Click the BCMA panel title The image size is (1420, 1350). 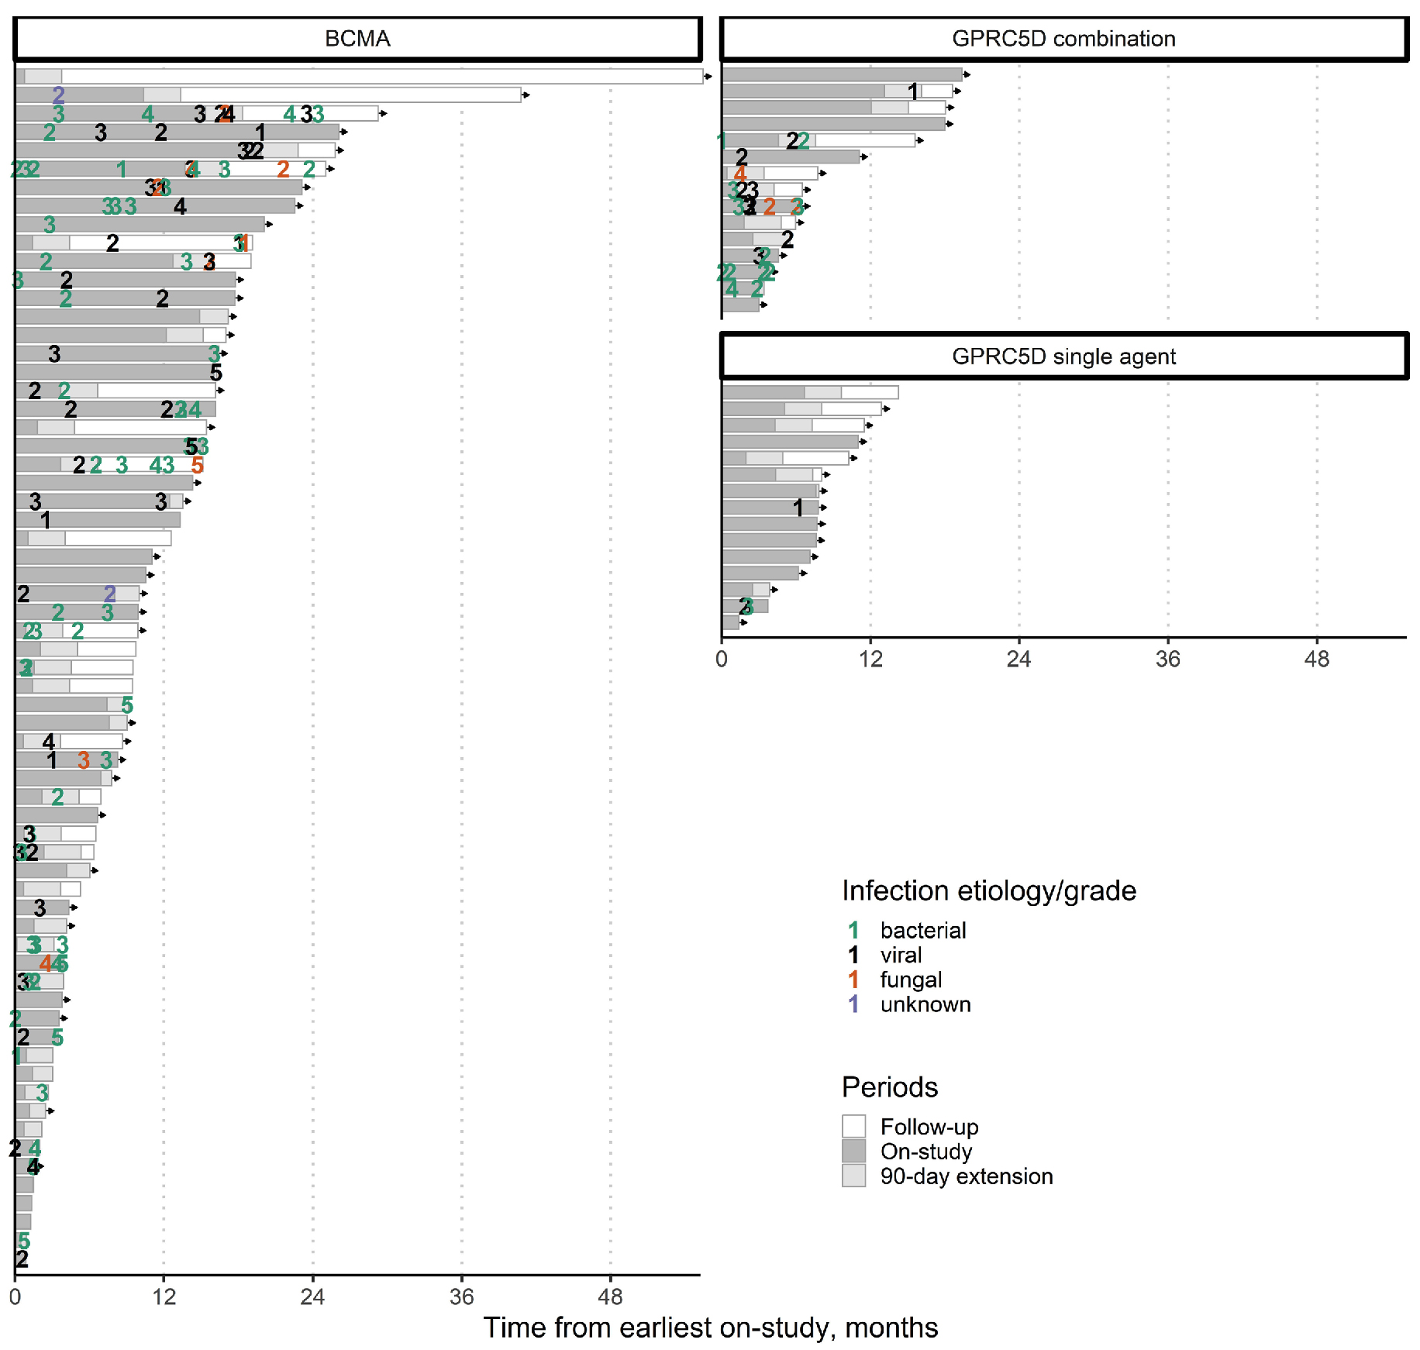[357, 39]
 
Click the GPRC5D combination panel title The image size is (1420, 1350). [1063, 39]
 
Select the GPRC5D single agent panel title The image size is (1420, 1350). [1063, 356]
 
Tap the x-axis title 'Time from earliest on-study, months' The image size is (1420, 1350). [710, 1328]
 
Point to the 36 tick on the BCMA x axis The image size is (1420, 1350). [461, 1297]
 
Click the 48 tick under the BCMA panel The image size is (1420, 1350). [610, 1297]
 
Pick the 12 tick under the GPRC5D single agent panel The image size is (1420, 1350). [870, 660]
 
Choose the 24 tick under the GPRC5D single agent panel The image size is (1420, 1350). [1018, 660]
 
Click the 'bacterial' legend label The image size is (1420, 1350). [923, 930]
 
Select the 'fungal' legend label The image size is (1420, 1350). [911, 980]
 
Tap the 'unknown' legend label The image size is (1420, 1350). [925, 1004]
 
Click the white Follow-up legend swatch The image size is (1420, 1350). [853, 1126]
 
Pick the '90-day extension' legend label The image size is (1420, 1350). [967, 1176]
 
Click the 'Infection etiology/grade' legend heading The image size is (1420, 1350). [989, 891]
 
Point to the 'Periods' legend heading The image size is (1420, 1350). [890, 1087]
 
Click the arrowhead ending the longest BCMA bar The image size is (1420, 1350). [708, 77]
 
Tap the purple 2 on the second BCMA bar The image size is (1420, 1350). [58, 95]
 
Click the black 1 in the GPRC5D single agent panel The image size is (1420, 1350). [798, 508]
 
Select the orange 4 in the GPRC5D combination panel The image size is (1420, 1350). [740, 174]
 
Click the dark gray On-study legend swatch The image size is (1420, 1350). [853, 1151]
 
